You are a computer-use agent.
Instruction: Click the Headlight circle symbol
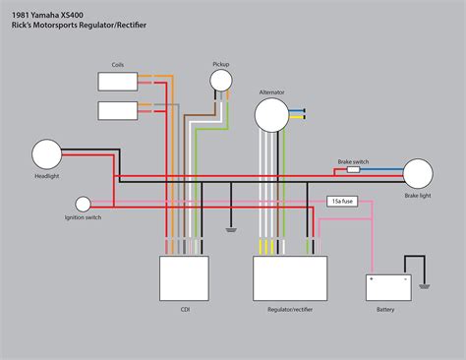pyautogui.click(x=47, y=154)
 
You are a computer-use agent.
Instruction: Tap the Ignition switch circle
pyautogui.click(x=84, y=205)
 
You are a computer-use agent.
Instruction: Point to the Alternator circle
pyautogui.click(x=272, y=115)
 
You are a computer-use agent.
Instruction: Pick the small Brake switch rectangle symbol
pyautogui.click(x=353, y=169)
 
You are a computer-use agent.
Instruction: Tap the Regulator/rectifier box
pyautogui.click(x=289, y=278)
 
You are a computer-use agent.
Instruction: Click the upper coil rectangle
pyautogui.click(x=118, y=81)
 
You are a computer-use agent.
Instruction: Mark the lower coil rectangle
pyautogui.click(x=118, y=108)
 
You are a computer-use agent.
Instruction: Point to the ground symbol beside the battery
pyautogui.click(x=425, y=286)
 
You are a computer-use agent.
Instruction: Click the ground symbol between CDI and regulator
pyautogui.click(x=229, y=231)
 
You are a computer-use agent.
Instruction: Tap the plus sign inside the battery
pyautogui.click(x=373, y=278)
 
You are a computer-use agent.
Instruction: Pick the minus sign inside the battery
pyautogui.click(x=402, y=278)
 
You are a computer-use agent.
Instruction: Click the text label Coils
pyautogui.click(x=118, y=63)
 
